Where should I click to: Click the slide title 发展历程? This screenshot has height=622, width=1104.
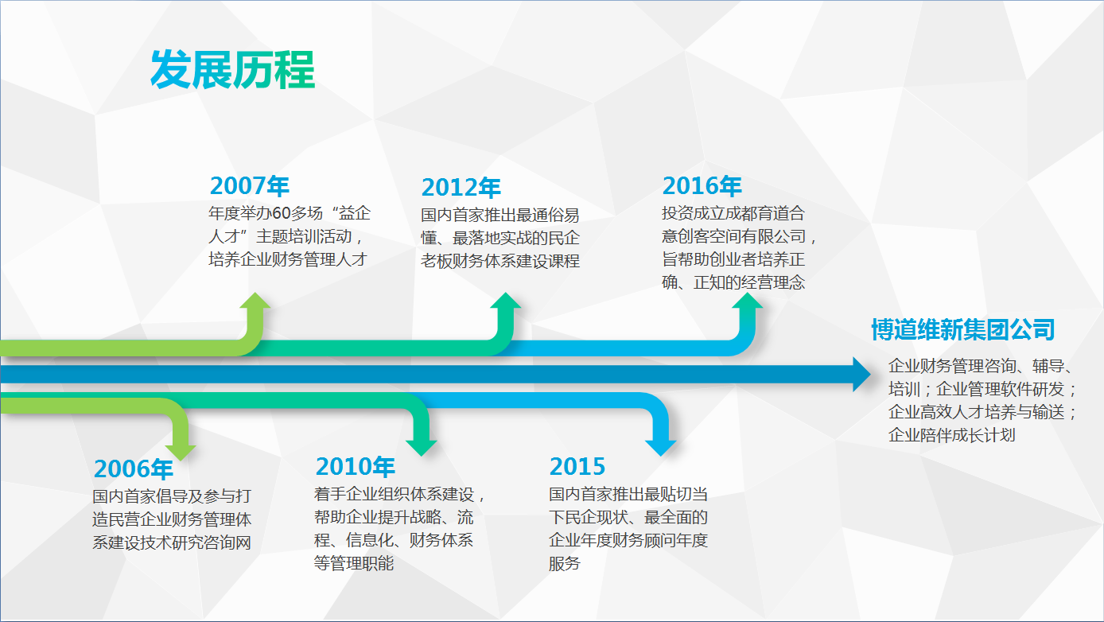pos(232,70)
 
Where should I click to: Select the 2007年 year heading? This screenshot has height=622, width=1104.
pos(250,186)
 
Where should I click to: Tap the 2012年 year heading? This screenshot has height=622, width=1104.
pos(461,187)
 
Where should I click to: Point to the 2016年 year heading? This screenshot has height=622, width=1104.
pos(702,186)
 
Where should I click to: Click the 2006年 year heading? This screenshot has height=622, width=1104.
pos(133,468)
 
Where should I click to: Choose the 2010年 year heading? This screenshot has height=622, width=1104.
pos(355,466)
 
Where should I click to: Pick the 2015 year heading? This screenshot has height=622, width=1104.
pos(577,466)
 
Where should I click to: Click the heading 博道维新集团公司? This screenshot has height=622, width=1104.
pos(962,329)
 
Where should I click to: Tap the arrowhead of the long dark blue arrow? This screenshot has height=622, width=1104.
pos(861,375)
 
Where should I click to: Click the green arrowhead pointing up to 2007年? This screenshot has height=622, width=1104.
pos(255,301)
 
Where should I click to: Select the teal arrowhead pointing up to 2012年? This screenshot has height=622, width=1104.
pos(506,301)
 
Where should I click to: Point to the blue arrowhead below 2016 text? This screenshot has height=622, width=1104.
pos(747,301)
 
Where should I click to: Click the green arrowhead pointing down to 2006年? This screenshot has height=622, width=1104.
pos(181,453)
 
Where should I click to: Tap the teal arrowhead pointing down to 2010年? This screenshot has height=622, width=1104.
pos(422,448)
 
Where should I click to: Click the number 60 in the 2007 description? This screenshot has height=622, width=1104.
pos(281,213)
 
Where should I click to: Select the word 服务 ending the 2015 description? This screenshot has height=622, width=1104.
pos(565,563)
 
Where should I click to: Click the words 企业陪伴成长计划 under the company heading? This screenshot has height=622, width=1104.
pos(951,435)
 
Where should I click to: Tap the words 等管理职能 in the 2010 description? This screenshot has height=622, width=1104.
pos(354,563)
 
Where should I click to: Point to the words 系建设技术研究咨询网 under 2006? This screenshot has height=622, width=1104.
pos(172,542)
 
